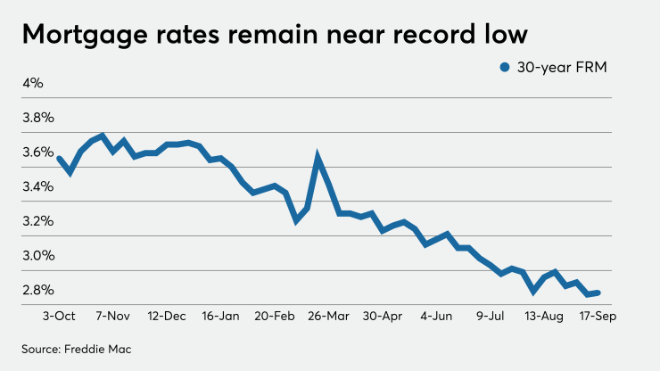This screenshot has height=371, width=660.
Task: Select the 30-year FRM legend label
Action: pyautogui.click(x=558, y=66)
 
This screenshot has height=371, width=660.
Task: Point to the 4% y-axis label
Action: pyautogui.click(x=33, y=83)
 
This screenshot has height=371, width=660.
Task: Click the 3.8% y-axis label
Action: pyautogui.click(x=38, y=118)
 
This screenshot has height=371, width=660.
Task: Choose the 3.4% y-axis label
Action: pyautogui.click(x=38, y=186)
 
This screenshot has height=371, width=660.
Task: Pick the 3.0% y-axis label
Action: pyautogui.click(x=38, y=256)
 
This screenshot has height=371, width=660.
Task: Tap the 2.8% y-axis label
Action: pyautogui.click(x=38, y=290)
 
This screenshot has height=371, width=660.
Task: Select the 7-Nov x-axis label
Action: pyautogui.click(x=114, y=316)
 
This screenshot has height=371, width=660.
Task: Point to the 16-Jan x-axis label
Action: pyautogui.click(x=221, y=316)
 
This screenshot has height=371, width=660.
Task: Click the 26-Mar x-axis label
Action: pyautogui.click(x=330, y=316)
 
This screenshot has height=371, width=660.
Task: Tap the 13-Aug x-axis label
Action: pyautogui.click(x=544, y=316)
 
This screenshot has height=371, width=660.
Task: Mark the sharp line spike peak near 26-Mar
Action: pyautogui.click(x=318, y=158)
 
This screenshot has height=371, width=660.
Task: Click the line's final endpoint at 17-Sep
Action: pyautogui.click(x=598, y=293)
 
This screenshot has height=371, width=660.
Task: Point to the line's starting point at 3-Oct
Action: pyautogui.click(x=59, y=158)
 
